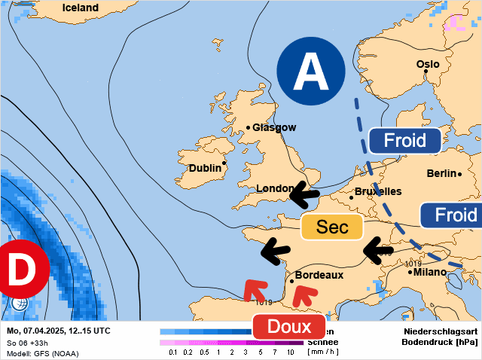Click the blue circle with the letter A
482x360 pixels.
[x=310, y=72]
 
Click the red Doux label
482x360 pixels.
[x=288, y=327]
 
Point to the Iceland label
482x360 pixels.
[x=81, y=8]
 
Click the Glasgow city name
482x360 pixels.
[x=274, y=127]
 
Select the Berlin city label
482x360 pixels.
[x=441, y=173]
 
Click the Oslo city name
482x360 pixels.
[x=428, y=64]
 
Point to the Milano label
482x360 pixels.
[x=429, y=272]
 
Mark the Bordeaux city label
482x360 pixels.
[x=319, y=275]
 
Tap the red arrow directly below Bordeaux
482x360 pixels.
[x=302, y=294]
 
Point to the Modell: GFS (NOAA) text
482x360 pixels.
[x=42, y=353]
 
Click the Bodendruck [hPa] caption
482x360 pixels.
[x=441, y=343]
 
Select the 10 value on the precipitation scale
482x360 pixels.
[x=291, y=352]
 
